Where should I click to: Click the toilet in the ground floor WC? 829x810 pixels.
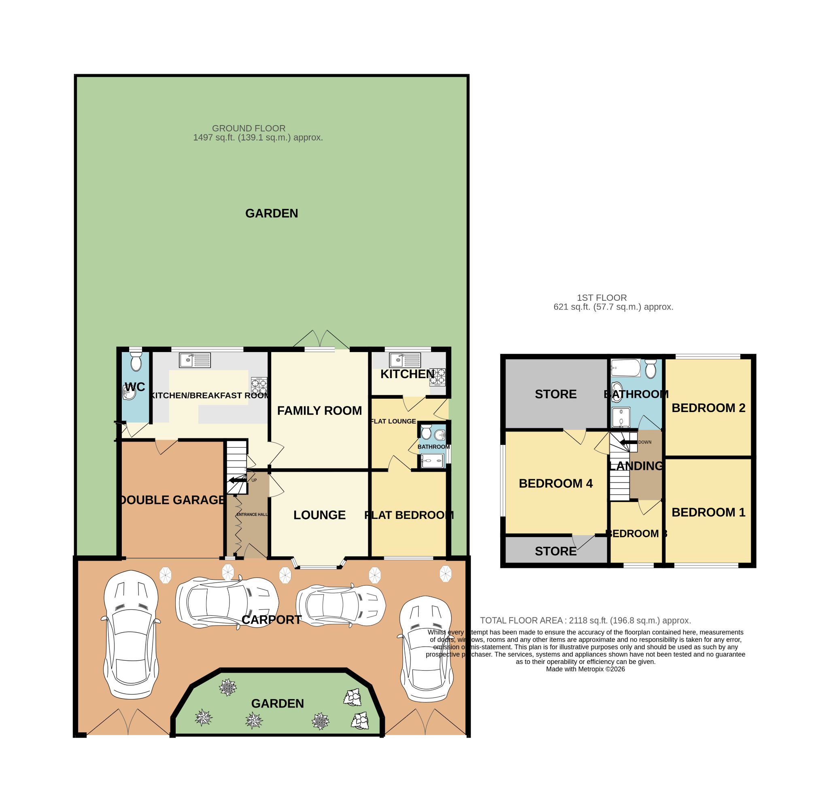pos(136,361)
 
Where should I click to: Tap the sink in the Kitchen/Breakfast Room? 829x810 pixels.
pos(195,360)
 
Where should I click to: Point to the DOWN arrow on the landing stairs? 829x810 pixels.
pos(629,442)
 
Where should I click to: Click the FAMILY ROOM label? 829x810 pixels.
pos(319,410)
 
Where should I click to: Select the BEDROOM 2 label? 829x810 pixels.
pos(708,408)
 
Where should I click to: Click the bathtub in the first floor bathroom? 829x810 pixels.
pos(625,368)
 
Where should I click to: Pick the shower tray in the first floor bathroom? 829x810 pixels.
pos(621,417)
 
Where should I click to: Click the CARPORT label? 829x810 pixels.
pos(271,620)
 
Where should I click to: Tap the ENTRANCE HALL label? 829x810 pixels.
pos(252,514)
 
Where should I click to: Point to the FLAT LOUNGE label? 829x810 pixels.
pos(393,421)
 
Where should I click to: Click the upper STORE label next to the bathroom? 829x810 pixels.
pos(555,394)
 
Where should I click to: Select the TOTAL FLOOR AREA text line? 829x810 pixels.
pos(585,620)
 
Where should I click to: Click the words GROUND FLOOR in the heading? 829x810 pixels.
pos(249,128)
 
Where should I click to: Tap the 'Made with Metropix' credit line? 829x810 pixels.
pos(585,669)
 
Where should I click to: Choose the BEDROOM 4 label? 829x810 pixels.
pos(555,483)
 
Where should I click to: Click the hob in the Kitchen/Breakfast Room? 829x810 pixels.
pos(259,385)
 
